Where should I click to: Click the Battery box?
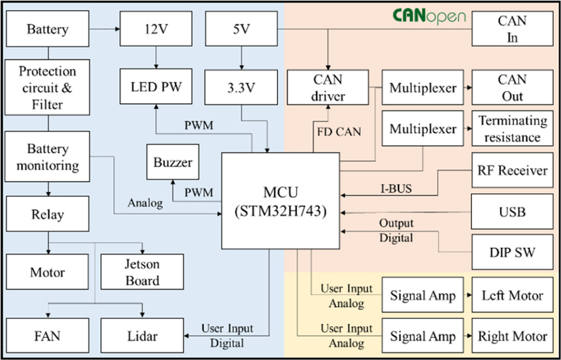click(47, 28)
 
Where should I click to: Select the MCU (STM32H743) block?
click(280, 201)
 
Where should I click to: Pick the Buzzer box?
click(173, 162)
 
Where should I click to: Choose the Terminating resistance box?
click(512, 129)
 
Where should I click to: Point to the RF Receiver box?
click(512, 171)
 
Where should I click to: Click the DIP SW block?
click(512, 252)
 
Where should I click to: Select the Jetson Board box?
click(142, 272)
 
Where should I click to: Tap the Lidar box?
click(142, 336)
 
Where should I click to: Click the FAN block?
click(47, 336)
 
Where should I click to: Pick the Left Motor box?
click(512, 295)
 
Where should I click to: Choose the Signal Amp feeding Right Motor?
click(422, 336)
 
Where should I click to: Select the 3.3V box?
click(241, 88)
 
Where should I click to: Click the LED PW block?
click(156, 88)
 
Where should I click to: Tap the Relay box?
click(47, 214)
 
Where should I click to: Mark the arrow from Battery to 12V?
click(104, 28)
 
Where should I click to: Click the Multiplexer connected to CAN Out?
click(422, 88)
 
